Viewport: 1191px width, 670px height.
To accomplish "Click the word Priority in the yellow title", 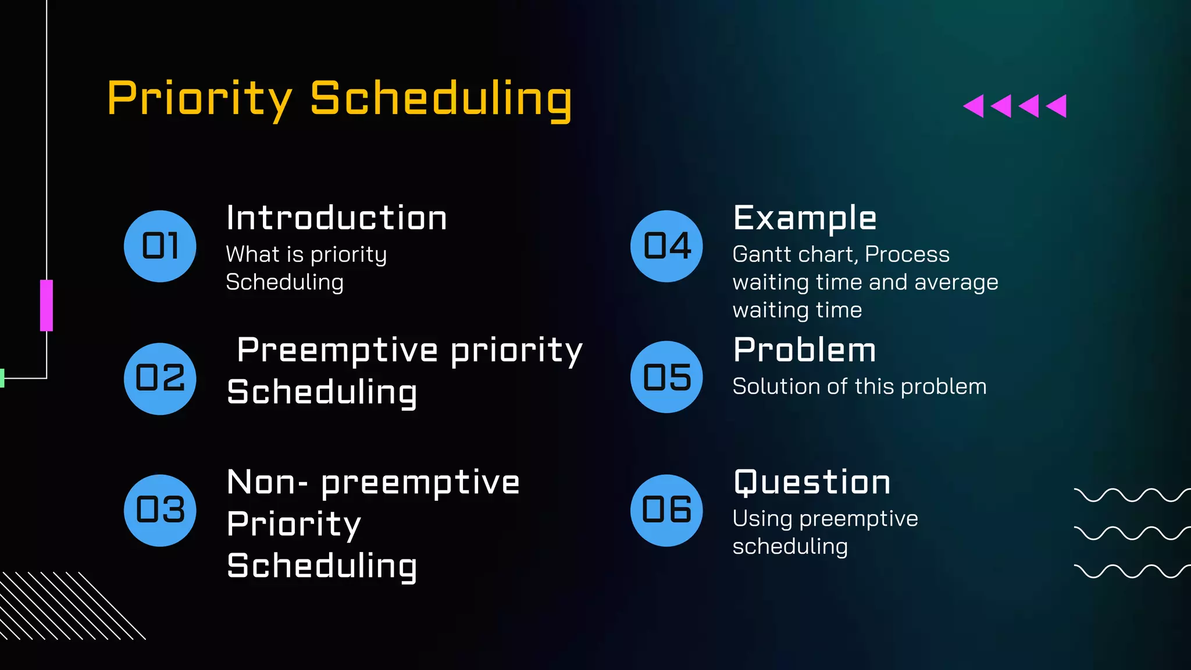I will [199, 99].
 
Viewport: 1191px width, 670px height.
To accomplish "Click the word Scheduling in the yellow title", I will [441, 99].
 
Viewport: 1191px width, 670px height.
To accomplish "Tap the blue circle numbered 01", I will [160, 246].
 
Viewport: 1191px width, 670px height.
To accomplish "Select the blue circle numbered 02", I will [160, 379].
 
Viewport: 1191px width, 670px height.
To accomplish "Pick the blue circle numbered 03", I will [160, 510].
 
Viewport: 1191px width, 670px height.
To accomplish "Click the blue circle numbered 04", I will [666, 246].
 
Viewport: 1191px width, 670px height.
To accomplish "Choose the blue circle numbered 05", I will [666, 377].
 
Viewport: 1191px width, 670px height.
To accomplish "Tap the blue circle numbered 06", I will [666, 510].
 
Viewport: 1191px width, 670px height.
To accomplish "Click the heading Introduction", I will [336, 218].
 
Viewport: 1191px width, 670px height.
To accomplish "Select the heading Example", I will [804, 218].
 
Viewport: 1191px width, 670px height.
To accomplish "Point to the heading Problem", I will [804, 350].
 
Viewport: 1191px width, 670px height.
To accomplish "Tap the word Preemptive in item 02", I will [337, 351].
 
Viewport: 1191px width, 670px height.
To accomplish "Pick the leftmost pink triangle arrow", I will [974, 106].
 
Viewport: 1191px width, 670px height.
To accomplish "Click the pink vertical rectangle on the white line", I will [47, 305].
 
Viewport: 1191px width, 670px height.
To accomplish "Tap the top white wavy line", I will [1131, 495].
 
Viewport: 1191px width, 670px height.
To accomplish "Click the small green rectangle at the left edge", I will [2, 378].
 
